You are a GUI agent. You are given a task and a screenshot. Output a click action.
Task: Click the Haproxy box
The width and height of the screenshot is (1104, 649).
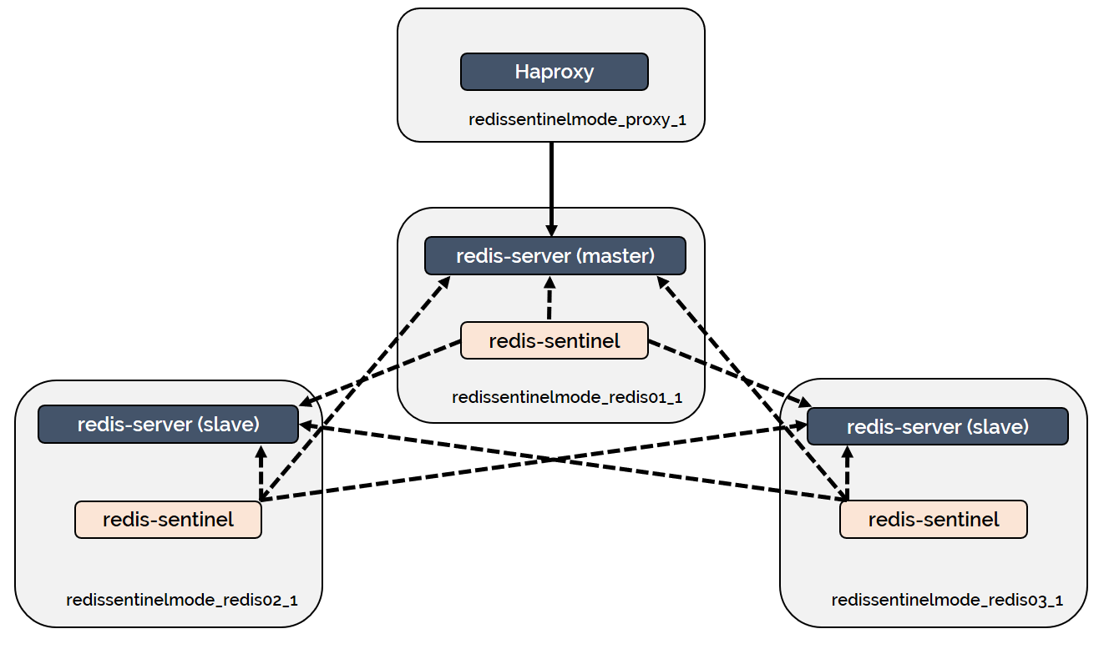pos(554,72)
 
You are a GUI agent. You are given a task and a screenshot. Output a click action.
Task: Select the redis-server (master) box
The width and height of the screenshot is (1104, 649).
pos(555,255)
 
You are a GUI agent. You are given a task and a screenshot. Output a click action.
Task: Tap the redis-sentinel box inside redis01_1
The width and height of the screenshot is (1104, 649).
pos(554,340)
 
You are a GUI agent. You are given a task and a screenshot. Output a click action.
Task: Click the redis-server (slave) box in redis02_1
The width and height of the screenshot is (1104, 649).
pos(168,424)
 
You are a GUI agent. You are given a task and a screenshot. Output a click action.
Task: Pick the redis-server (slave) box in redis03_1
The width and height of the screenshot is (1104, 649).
pos(937,426)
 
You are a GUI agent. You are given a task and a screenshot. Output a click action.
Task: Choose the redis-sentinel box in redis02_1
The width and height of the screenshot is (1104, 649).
pos(168,520)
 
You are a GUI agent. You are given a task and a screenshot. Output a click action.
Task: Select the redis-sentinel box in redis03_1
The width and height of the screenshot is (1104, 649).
pos(933,520)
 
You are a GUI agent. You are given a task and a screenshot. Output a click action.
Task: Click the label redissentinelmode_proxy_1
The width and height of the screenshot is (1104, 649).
pos(577,120)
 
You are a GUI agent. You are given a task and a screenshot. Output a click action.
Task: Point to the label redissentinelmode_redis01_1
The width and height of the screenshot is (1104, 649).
pos(567,397)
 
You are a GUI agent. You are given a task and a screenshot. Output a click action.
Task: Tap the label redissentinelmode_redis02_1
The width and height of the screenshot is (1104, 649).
pos(181,600)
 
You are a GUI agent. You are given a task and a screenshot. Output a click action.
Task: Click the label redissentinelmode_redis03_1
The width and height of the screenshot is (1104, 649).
pos(947,600)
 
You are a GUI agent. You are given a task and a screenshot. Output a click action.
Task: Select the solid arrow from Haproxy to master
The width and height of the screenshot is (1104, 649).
pos(551,188)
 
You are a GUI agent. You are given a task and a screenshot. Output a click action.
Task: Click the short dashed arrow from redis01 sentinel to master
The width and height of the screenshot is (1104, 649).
pos(549,299)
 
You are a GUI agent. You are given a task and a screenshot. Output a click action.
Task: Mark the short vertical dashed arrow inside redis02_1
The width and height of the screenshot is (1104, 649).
pos(261,472)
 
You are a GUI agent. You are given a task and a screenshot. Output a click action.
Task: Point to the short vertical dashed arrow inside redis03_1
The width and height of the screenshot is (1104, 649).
pos(848,474)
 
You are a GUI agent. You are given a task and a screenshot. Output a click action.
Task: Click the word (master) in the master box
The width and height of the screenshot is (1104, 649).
pos(615,255)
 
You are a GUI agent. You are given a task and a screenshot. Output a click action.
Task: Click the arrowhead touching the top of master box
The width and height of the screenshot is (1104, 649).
pos(551,230)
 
